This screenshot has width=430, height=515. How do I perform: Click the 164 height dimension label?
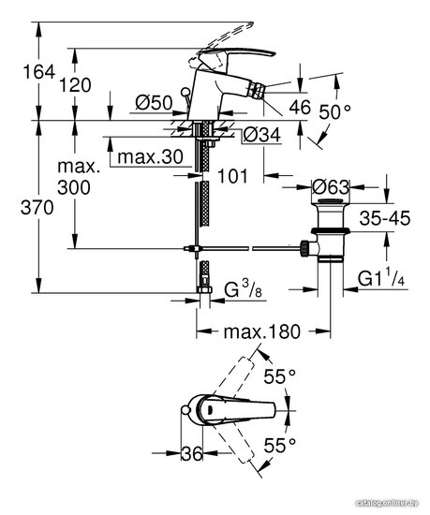(x=38, y=72)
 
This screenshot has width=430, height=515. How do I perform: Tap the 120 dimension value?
(x=75, y=85)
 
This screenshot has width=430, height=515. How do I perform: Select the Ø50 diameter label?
(x=154, y=103)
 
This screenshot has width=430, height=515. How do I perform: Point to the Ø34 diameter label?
(x=261, y=135)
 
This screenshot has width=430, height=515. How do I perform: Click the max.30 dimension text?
(x=150, y=157)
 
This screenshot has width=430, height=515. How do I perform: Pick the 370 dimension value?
(x=37, y=208)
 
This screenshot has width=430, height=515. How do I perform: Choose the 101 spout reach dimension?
(x=232, y=176)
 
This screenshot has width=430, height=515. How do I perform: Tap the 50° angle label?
(x=334, y=112)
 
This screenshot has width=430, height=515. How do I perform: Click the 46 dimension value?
(x=300, y=107)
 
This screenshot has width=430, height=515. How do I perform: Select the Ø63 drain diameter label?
(x=331, y=187)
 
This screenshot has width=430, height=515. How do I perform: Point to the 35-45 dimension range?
(x=385, y=218)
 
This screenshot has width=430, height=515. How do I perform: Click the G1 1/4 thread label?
(x=381, y=280)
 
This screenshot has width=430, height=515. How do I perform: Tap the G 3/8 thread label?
(x=243, y=289)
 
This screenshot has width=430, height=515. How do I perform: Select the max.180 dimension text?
(x=261, y=331)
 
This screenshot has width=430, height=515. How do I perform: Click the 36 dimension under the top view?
(x=192, y=453)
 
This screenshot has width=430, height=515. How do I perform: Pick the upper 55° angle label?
(x=280, y=376)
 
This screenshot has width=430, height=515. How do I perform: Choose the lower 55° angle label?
(x=280, y=446)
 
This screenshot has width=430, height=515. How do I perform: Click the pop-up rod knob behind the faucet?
(x=185, y=92)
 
